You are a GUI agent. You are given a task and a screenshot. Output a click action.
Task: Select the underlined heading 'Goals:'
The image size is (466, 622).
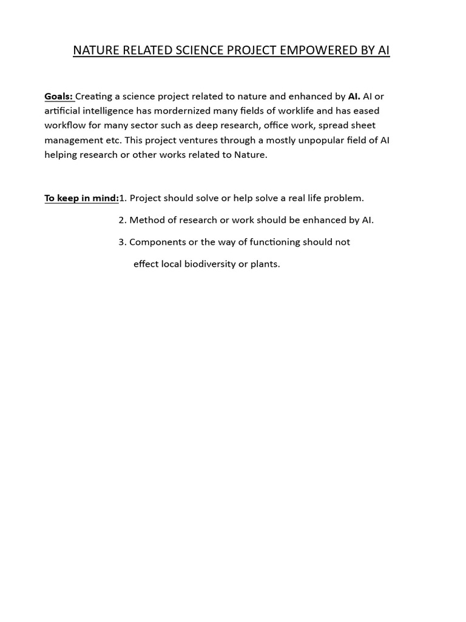tap(59, 96)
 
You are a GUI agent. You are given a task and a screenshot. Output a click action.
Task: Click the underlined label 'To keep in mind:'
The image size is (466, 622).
tap(81, 198)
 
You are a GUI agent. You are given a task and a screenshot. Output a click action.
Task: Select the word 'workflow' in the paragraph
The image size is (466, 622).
tap(65, 125)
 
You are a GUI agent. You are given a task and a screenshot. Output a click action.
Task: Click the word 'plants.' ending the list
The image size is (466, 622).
tap(265, 264)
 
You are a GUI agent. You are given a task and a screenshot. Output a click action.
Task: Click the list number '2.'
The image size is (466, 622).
tap(123, 220)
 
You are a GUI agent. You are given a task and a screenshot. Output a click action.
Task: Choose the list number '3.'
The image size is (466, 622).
tap(123, 242)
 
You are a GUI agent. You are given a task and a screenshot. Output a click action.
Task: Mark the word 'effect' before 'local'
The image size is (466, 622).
tap(146, 264)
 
